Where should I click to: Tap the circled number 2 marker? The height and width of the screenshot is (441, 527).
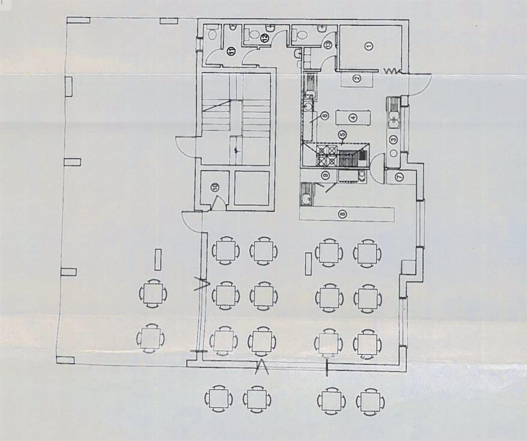[357, 79]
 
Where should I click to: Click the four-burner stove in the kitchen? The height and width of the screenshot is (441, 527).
[327, 155]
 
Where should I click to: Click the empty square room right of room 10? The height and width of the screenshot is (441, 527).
[252, 188]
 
